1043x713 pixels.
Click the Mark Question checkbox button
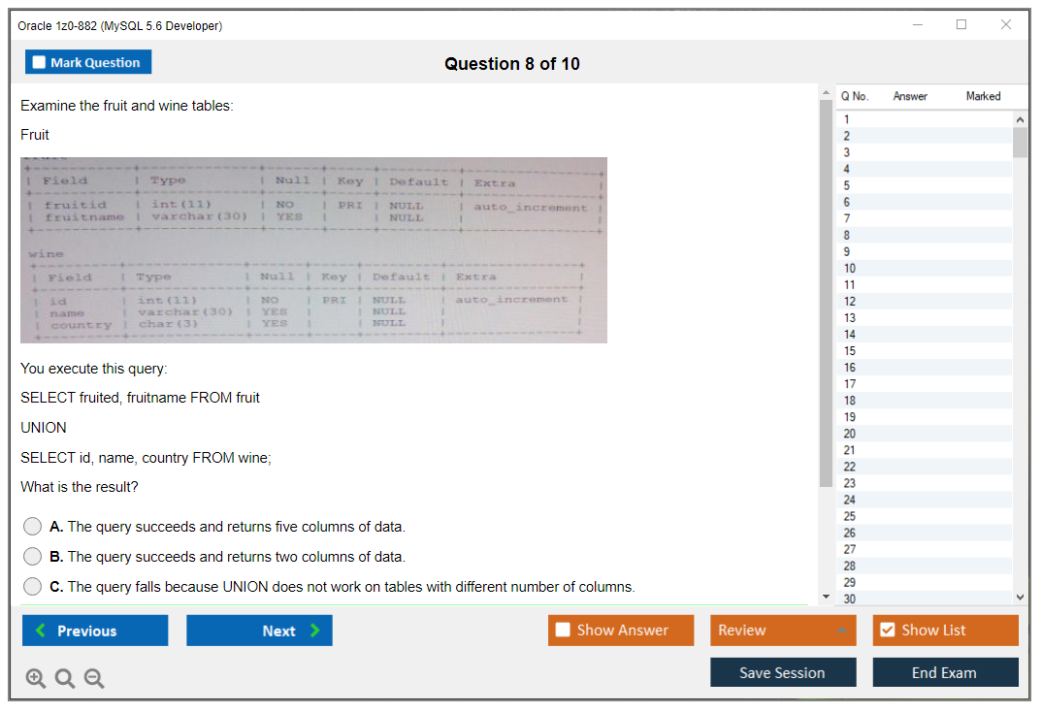88,62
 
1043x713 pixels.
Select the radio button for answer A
33,527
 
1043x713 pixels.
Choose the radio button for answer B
33,557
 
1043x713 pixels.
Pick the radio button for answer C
33,587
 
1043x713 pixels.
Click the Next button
259,631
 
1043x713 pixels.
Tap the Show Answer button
621,631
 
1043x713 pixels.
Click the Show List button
945,631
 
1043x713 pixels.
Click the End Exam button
945,672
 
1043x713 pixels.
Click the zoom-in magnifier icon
36,679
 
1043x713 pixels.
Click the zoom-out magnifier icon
94,679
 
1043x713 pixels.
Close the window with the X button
1006,25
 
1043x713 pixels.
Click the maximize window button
962,25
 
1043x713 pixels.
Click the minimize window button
918,25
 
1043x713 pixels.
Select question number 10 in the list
850,269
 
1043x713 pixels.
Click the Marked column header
983,96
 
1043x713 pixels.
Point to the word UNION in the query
44,428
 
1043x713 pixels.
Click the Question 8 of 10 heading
512,64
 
